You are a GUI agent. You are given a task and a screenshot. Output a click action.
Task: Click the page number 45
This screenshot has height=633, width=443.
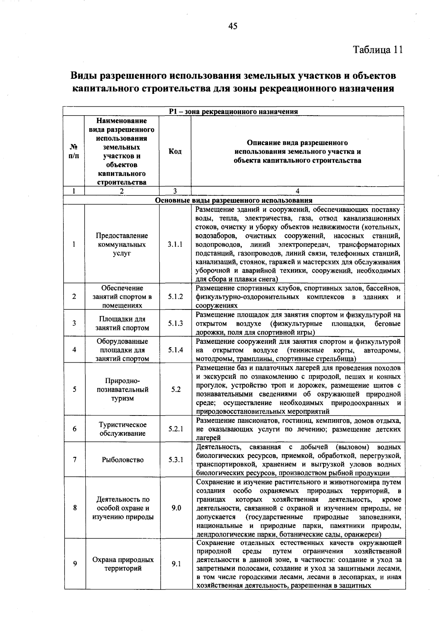233,26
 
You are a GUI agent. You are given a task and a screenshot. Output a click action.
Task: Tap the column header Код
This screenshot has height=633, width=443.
175,152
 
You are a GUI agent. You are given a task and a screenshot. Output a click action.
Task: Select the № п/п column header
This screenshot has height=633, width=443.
74,152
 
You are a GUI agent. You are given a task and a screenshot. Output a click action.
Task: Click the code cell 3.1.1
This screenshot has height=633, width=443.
175,244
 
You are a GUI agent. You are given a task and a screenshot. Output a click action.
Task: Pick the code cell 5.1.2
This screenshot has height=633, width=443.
176,297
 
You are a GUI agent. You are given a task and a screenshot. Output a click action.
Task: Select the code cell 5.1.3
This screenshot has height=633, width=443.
176,324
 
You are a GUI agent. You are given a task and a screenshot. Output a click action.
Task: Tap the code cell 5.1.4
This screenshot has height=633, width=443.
176,350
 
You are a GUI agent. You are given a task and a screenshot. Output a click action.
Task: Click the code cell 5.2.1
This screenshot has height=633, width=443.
176,429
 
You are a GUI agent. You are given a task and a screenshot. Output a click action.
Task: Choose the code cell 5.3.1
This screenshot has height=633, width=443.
176,460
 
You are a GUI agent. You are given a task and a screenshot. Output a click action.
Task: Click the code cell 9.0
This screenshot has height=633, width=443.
176,508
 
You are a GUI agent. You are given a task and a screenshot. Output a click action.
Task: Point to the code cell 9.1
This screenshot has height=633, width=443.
176,564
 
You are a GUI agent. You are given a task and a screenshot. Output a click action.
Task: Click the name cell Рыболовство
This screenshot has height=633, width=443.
123,460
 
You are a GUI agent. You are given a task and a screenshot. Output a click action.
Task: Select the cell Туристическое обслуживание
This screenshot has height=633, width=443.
123,429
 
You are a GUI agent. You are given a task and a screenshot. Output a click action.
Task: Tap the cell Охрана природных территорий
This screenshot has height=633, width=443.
123,564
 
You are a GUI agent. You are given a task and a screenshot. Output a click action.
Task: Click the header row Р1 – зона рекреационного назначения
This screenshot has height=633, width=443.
233,111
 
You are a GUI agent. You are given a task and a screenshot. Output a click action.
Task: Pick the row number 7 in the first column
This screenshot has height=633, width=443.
75,460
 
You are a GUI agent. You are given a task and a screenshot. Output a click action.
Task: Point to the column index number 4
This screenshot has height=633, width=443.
298,191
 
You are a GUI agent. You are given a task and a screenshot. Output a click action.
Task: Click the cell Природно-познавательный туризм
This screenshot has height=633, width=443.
123,390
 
